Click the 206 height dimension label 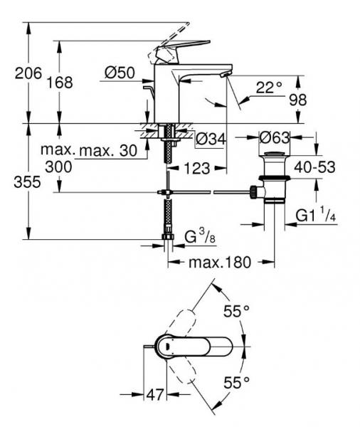[x=28, y=73]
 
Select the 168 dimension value [x=60, y=83]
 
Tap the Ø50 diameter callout [x=120, y=73]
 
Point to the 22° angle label [x=269, y=88]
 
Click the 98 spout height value [x=298, y=100]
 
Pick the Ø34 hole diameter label [x=211, y=139]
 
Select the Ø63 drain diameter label [x=274, y=138]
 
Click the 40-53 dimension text [x=314, y=167]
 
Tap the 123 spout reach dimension [x=197, y=168]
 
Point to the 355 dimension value [x=27, y=181]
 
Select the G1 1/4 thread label [x=316, y=215]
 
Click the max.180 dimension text [x=220, y=262]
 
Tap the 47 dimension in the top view [x=155, y=394]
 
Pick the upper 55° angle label [x=236, y=311]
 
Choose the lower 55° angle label [x=236, y=383]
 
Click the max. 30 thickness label [x=108, y=150]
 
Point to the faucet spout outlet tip [x=225, y=74]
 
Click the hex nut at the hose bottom [x=168, y=236]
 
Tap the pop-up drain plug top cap [x=274, y=155]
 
